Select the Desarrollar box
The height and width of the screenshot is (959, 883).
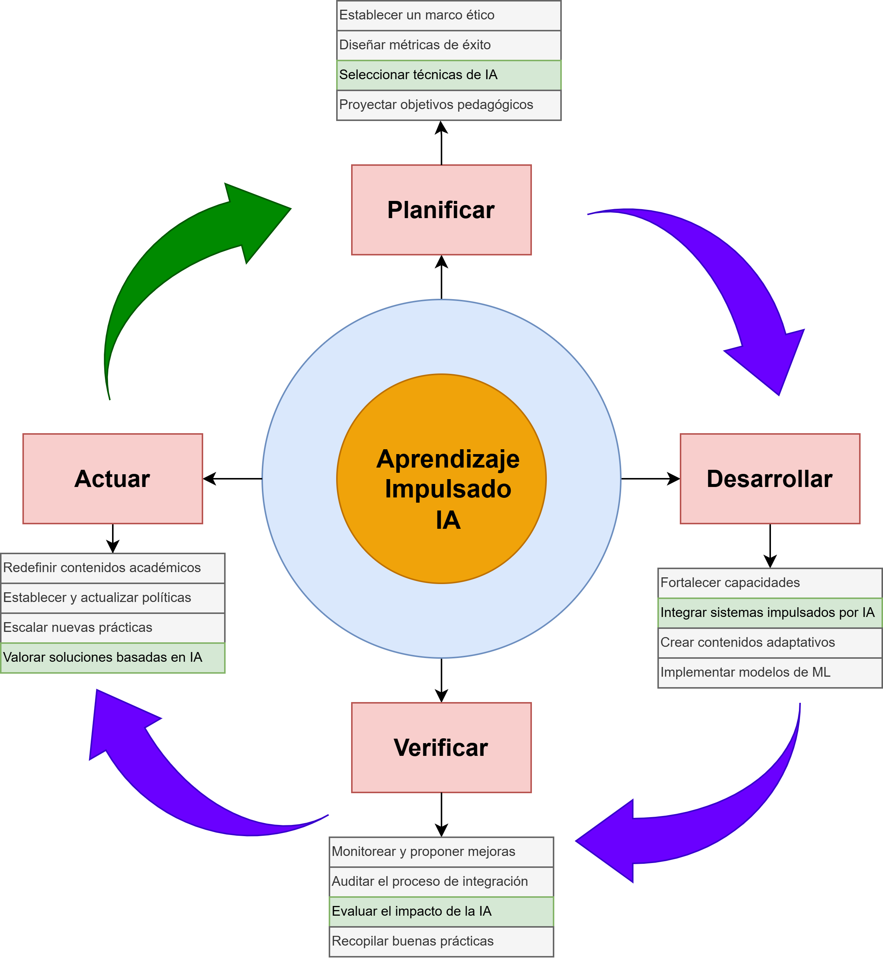pos(770,478)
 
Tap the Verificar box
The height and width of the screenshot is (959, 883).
pos(441,747)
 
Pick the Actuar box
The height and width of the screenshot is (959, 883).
pos(113,478)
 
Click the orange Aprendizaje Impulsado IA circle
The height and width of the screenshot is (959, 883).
pos(441,478)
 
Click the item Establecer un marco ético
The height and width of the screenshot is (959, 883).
pos(449,15)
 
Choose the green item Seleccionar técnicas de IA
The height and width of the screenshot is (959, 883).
pos(449,75)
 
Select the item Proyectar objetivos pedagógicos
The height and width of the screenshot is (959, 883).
pos(449,105)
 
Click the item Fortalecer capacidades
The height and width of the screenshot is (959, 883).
pos(769,583)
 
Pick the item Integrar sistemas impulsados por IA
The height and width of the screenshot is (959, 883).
pos(769,613)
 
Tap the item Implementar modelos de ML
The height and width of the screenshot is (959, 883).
pos(769,673)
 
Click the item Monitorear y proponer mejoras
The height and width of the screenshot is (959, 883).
pos(441,851)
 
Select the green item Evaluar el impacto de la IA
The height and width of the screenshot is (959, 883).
pos(441,911)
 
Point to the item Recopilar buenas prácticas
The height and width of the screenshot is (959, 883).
pos(441,941)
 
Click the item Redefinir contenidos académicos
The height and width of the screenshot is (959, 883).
pos(113,568)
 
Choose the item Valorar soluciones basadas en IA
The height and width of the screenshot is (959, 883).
pos(113,658)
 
